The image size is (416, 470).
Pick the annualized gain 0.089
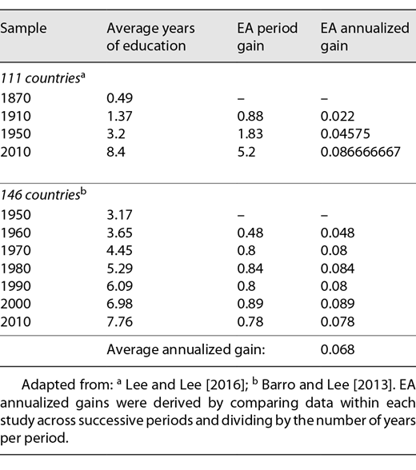(x=336, y=303)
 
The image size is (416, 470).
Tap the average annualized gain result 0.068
(x=336, y=349)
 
